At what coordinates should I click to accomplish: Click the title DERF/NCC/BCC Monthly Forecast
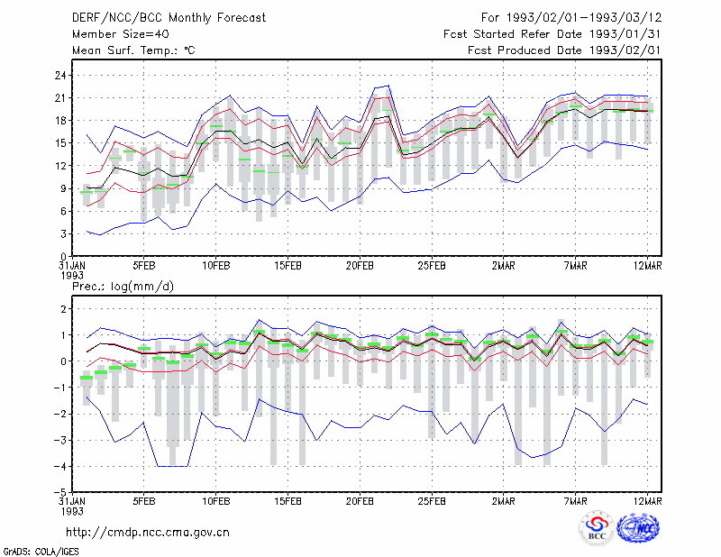pyautogui.click(x=169, y=18)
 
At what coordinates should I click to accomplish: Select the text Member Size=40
pyautogui.click(x=121, y=34)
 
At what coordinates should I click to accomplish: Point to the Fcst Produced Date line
pyautogui.click(x=565, y=50)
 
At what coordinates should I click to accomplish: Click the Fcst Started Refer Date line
pyautogui.click(x=552, y=34)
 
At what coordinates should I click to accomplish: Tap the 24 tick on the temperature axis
pyautogui.click(x=60, y=75)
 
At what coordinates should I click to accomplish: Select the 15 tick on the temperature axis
pyautogui.click(x=60, y=143)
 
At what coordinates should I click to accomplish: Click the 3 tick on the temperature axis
pyautogui.click(x=64, y=233)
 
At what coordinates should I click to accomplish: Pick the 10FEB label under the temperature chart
pyautogui.click(x=216, y=266)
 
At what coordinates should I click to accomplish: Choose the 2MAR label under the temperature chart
pyautogui.click(x=504, y=266)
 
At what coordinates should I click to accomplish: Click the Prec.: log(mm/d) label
pyautogui.click(x=123, y=287)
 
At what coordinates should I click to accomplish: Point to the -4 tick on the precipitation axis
pyautogui.click(x=60, y=466)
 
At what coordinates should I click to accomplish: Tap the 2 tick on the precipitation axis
pyautogui.click(x=64, y=309)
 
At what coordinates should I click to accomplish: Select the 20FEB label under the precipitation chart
pyautogui.click(x=360, y=501)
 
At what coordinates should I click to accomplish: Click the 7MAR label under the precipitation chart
pyautogui.click(x=575, y=501)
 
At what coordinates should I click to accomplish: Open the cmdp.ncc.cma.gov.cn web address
pyautogui.click(x=148, y=533)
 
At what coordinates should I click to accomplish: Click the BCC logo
pyautogui.click(x=597, y=527)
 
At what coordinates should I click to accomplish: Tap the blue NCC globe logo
pyautogui.click(x=638, y=527)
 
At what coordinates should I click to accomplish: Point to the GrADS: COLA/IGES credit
pyautogui.click(x=41, y=552)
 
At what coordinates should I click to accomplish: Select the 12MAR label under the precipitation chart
pyautogui.click(x=647, y=501)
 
